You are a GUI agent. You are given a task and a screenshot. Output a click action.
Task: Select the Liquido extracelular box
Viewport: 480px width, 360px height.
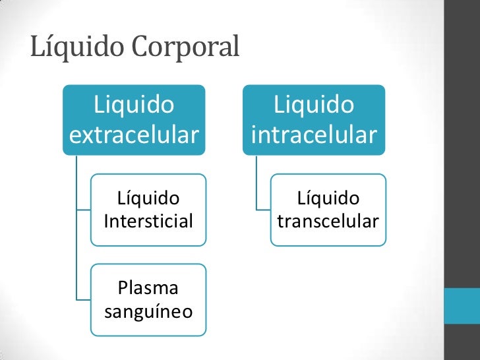(x=134, y=119)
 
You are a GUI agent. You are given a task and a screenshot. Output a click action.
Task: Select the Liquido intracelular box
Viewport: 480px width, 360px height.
(x=314, y=119)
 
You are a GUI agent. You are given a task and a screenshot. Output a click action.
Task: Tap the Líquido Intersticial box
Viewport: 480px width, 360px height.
(x=148, y=209)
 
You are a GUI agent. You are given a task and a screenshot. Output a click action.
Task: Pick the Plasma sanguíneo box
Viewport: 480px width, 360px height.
(x=148, y=299)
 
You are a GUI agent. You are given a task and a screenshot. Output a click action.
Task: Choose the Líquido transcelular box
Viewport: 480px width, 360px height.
(x=328, y=209)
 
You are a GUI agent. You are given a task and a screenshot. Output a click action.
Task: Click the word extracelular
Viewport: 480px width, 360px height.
(x=134, y=135)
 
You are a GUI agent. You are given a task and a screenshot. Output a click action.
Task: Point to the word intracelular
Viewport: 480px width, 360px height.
(x=314, y=135)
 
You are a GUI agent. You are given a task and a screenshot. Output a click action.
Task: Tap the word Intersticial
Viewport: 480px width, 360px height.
(x=148, y=221)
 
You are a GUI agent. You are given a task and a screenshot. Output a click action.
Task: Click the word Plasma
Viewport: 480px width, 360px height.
(x=148, y=287)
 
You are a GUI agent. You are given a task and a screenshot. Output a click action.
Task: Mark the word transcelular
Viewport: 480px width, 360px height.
(x=328, y=221)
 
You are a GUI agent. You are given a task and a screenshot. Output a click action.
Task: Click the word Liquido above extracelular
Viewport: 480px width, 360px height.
(x=134, y=104)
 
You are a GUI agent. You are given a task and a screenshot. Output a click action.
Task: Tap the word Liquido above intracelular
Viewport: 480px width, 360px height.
(x=314, y=104)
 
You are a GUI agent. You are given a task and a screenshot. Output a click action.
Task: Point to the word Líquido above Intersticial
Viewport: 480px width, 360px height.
(x=148, y=198)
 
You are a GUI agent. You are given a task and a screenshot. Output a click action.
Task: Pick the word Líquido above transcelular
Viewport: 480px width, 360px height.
(x=328, y=198)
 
